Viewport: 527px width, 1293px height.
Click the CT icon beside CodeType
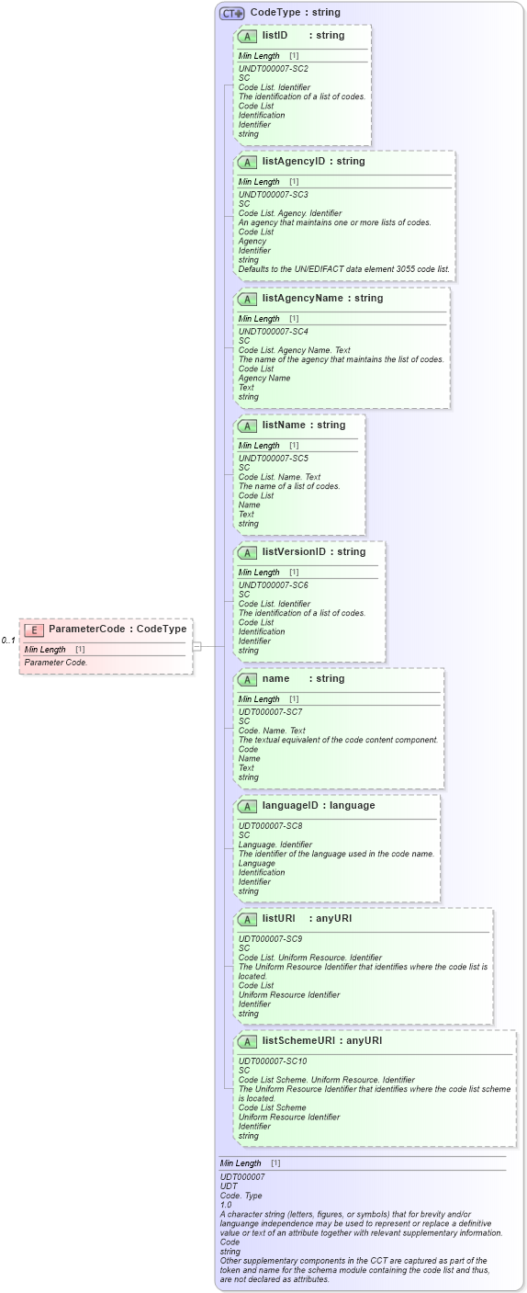coord(231,13)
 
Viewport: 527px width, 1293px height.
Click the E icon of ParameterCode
coord(34,629)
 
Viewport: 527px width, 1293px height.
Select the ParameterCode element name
coord(84,629)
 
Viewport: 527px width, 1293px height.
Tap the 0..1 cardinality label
coord(8,641)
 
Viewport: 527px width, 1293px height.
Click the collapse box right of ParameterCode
coord(196,646)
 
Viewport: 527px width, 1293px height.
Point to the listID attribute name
coord(275,36)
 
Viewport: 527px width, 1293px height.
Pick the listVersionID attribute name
coord(294,552)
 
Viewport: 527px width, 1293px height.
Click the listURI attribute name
coord(278,919)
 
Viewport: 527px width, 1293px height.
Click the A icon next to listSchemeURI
coord(247,1042)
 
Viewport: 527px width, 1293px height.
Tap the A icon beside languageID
coord(247,807)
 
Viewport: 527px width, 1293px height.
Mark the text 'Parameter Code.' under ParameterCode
coord(56,663)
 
